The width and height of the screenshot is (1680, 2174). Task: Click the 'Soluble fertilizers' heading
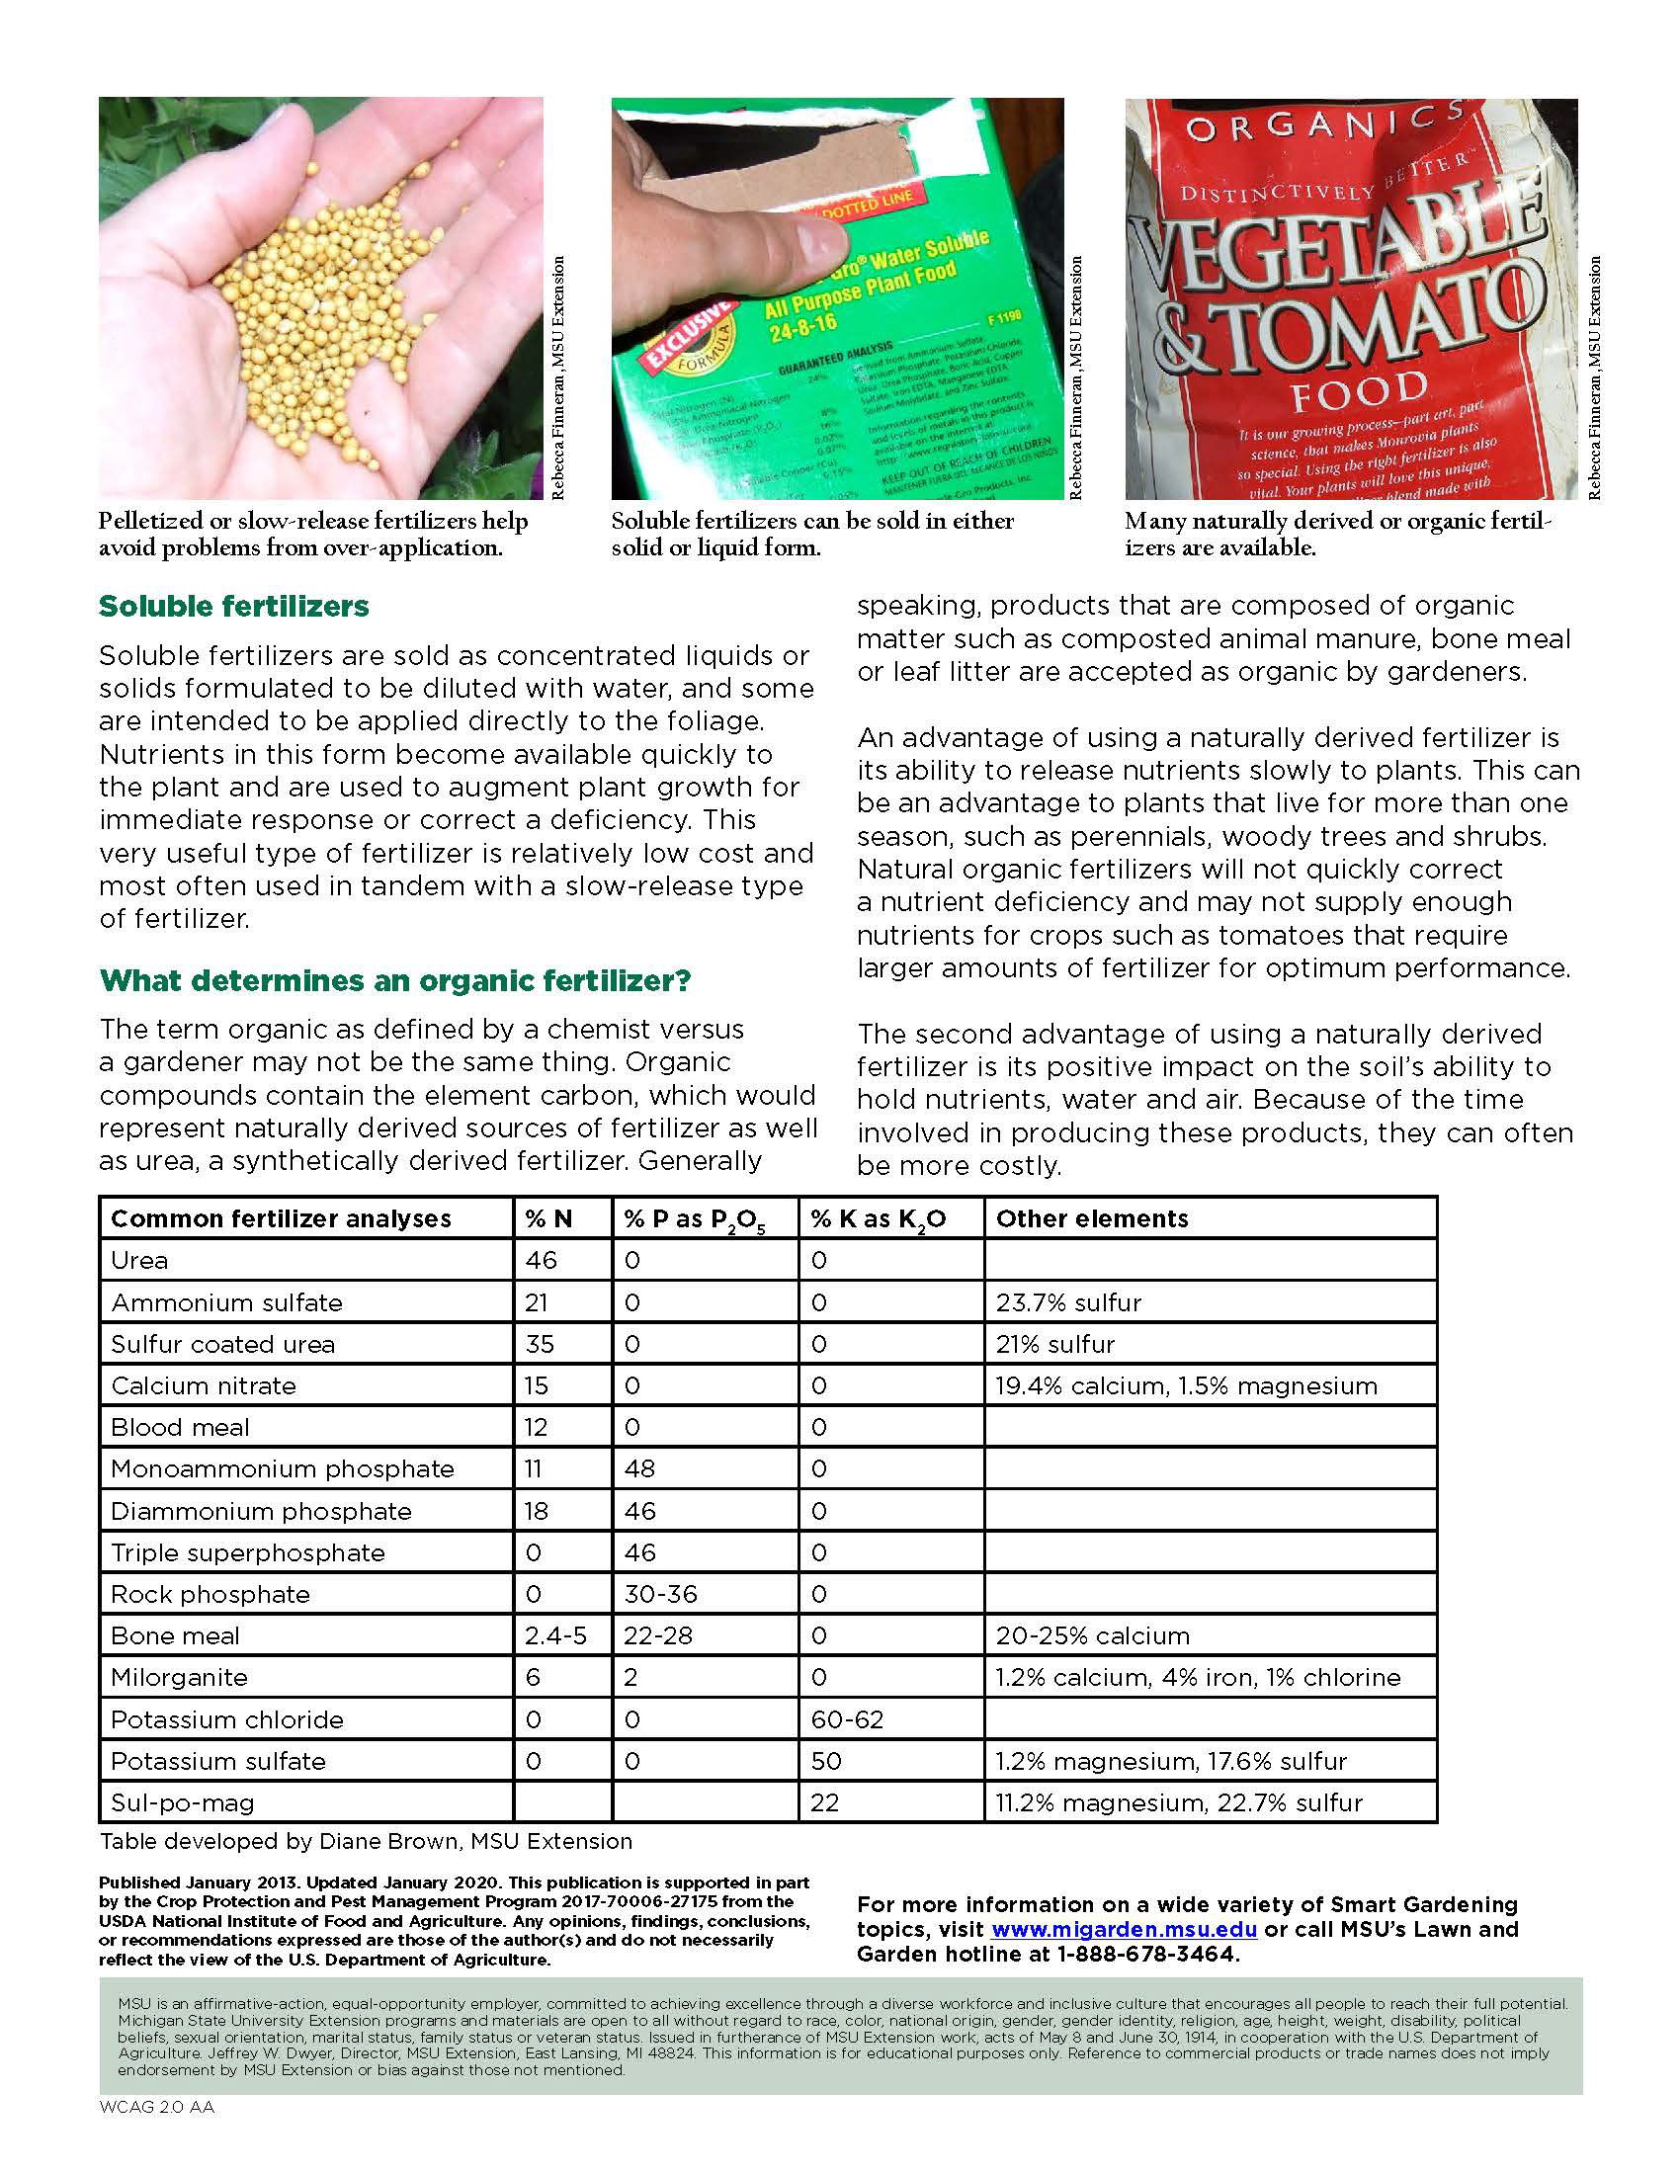[x=234, y=606]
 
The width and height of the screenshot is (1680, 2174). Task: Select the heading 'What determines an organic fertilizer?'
[x=395, y=980]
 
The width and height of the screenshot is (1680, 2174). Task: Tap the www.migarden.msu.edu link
[x=1124, y=1929]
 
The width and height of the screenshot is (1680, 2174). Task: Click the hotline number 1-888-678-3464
[x=1147, y=1954]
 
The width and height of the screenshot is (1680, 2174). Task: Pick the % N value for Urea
[x=542, y=1260]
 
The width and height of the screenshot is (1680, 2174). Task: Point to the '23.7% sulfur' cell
[x=1069, y=1302]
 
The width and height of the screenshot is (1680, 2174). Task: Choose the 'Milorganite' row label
[x=179, y=1677]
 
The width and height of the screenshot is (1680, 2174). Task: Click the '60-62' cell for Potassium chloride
[x=847, y=1719]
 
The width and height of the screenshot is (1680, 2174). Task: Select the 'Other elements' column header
[x=1092, y=1218]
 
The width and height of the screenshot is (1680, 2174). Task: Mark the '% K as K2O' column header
[x=878, y=1219]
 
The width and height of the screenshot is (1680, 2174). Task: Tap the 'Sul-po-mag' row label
[x=182, y=1802]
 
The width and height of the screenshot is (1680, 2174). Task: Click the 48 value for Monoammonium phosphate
[x=640, y=1468]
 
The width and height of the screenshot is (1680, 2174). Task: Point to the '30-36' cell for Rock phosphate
[x=660, y=1594]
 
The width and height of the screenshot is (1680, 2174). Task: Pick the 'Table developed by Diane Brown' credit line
[x=366, y=1842]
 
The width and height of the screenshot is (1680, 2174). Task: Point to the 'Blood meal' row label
[x=180, y=1428]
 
